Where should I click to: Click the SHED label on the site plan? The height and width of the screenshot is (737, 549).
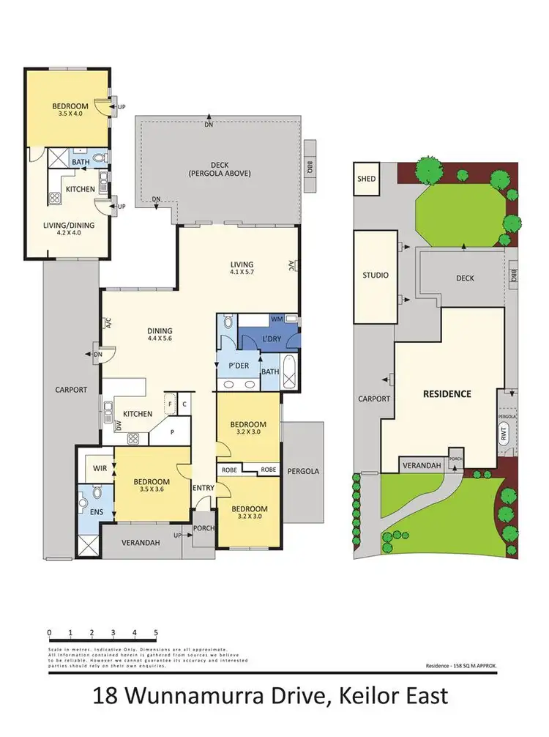click(366, 179)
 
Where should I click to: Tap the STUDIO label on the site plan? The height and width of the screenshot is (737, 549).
click(376, 275)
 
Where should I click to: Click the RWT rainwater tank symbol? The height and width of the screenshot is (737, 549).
click(503, 433)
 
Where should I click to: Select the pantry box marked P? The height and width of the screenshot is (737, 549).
click(173, 432)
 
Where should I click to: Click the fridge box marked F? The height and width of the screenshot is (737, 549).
click(170, 403)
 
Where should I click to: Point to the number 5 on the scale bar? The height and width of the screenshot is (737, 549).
click(156, 632)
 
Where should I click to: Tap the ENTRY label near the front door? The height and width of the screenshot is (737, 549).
click(203, 488)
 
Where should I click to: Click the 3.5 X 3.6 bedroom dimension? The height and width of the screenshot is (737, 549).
click(152, 491)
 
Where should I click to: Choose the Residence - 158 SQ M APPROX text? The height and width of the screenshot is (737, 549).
click(461, 665)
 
